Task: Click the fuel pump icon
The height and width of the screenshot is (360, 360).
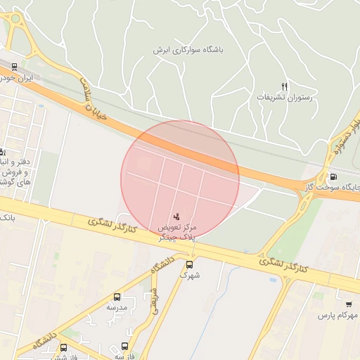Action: click(333, 177)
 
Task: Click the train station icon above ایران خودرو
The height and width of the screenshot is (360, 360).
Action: click(15, 67)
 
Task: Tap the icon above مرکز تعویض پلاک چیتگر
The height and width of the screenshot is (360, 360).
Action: click(176, 216)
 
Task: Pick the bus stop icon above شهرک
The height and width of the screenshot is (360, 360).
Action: click(189, 265)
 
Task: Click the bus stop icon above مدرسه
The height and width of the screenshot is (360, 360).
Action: click(117, 297)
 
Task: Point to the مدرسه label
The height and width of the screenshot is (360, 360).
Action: click(117, 307)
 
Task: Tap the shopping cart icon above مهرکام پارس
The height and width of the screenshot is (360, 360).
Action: click(349, 304)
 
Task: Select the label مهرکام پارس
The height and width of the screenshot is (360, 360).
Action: click(337, 316)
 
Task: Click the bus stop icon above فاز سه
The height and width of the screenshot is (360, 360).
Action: click(125, 346)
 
